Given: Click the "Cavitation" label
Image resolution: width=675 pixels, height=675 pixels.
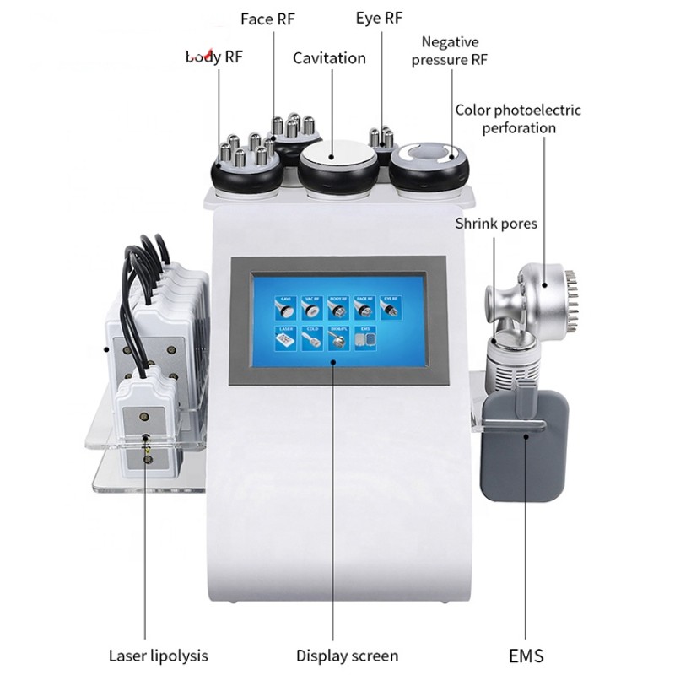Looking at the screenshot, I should click(x=329, y=58).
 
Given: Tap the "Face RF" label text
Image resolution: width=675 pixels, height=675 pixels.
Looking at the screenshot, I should click(x=267, y=19).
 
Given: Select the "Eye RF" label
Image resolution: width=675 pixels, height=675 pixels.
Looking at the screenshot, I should click(x=381, y=19).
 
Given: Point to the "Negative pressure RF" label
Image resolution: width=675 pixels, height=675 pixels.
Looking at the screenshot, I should click(x=450, y=50).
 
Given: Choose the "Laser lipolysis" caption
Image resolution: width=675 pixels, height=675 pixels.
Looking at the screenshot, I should click(x=159, y=655).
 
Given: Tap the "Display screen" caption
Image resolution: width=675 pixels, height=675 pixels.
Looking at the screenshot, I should click(x=347, y=655).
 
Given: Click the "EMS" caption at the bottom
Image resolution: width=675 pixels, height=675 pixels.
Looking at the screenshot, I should click(x=526, y=655).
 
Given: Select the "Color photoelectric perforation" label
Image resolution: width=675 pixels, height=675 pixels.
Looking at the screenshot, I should click(x=518, y=119).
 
